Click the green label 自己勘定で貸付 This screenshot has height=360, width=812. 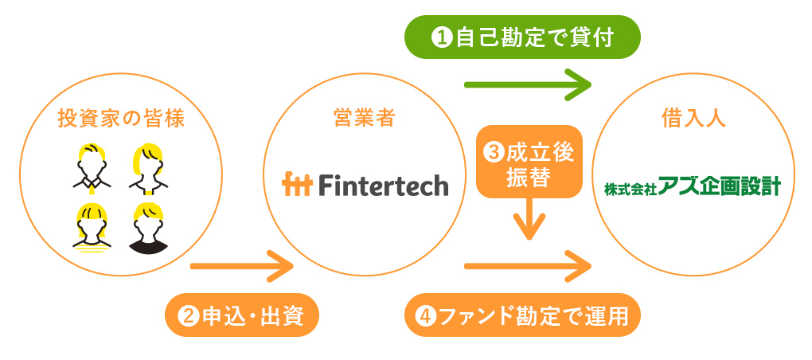522,37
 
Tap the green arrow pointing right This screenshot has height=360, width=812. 528,84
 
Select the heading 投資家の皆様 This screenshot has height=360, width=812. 121,119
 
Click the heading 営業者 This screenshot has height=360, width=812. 365,119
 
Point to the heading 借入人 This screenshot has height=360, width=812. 693,119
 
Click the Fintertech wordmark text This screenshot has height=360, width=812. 384,185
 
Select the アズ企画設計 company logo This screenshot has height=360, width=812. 693,187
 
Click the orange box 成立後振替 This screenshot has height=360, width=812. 529,162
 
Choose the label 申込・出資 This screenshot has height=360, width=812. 241,315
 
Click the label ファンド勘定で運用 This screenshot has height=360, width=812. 522,315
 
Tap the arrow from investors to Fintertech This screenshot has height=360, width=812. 242,266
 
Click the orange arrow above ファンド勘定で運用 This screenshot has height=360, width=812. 528,266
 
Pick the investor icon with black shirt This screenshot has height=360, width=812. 148,228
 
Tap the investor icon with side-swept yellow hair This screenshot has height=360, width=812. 148,168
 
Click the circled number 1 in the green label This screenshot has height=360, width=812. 441,37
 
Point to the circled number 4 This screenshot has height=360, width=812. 427,315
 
